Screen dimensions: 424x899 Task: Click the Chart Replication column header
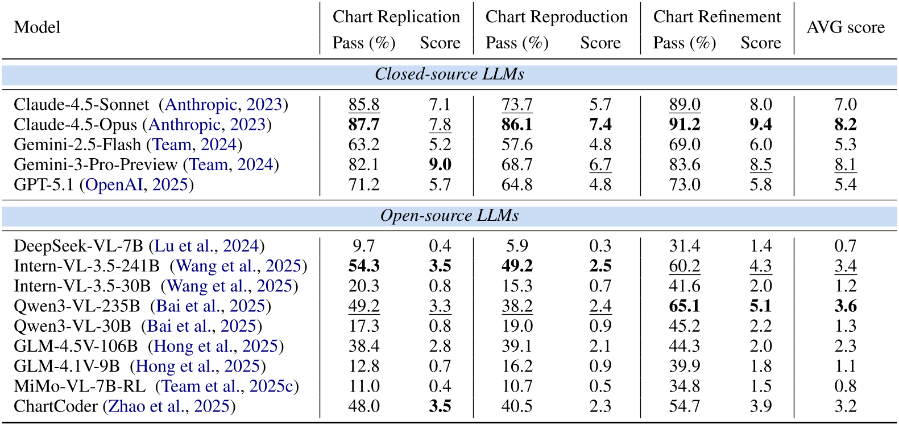(x=396, y=17)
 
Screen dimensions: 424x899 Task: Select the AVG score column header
(x=845, y=27)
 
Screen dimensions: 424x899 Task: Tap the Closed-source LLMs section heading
(x=449, y=75)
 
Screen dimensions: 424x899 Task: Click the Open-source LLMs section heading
(x=449, y=216)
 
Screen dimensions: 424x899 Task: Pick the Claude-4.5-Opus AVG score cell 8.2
(x=845, y=125)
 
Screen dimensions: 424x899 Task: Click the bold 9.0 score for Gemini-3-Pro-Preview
(x=440, y=164)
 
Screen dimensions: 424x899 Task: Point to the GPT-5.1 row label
(x=44, y=185)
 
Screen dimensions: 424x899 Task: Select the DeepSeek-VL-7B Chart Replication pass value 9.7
(x=363, y=246)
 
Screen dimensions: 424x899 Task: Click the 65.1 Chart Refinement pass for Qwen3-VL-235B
(x=684, y=306)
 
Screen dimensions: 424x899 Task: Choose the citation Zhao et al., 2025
(x=169, y=406)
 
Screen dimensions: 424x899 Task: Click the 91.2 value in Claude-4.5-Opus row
(x=684, y=125)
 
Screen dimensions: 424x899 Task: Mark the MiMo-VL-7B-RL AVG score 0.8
(x=845, y=386)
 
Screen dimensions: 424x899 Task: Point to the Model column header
(x=37, y=27)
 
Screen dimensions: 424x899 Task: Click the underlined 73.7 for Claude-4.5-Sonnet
(x=517, y=105)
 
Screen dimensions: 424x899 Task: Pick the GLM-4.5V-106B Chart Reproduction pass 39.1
(x=517, y=346)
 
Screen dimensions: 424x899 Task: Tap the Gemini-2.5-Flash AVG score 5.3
(x=845, y=145)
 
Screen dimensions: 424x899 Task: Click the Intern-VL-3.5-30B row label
(x=82, y=286)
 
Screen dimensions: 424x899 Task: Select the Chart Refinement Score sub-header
(x=760, y=43)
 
